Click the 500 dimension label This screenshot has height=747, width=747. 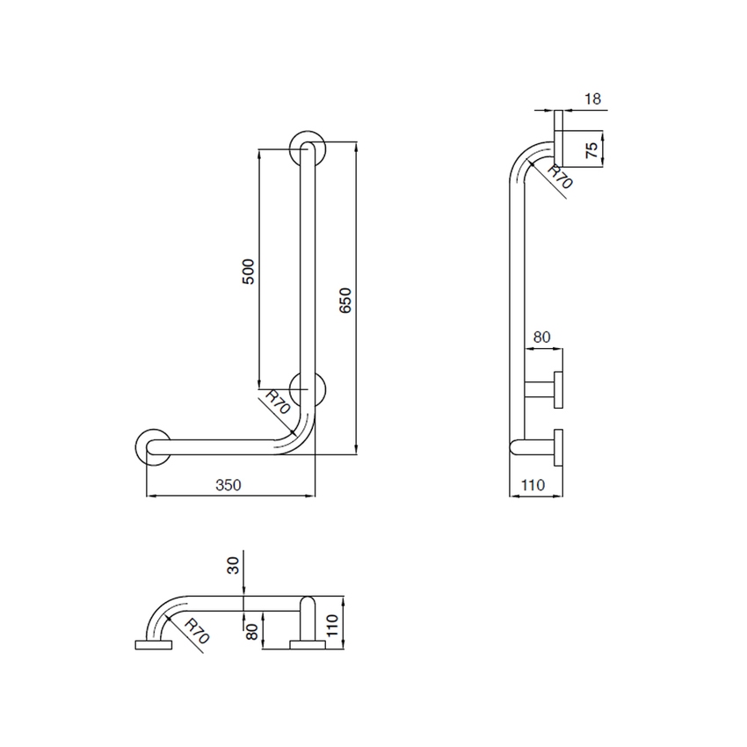[249, 270]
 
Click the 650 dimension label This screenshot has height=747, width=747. [346, 301]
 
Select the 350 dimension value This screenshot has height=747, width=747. [228, 484]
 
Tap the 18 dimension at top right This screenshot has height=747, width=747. [593, 99]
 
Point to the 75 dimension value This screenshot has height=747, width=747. [593, 148]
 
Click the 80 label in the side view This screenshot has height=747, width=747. [541, 336]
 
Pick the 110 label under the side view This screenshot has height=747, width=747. [533, 484]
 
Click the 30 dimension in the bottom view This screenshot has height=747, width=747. [234, 564]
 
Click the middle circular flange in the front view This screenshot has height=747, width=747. [309, 390]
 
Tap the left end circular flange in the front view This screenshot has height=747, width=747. [151, 446]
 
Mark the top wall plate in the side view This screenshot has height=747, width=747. [558, 138]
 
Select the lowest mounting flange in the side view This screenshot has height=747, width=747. [558, 446]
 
